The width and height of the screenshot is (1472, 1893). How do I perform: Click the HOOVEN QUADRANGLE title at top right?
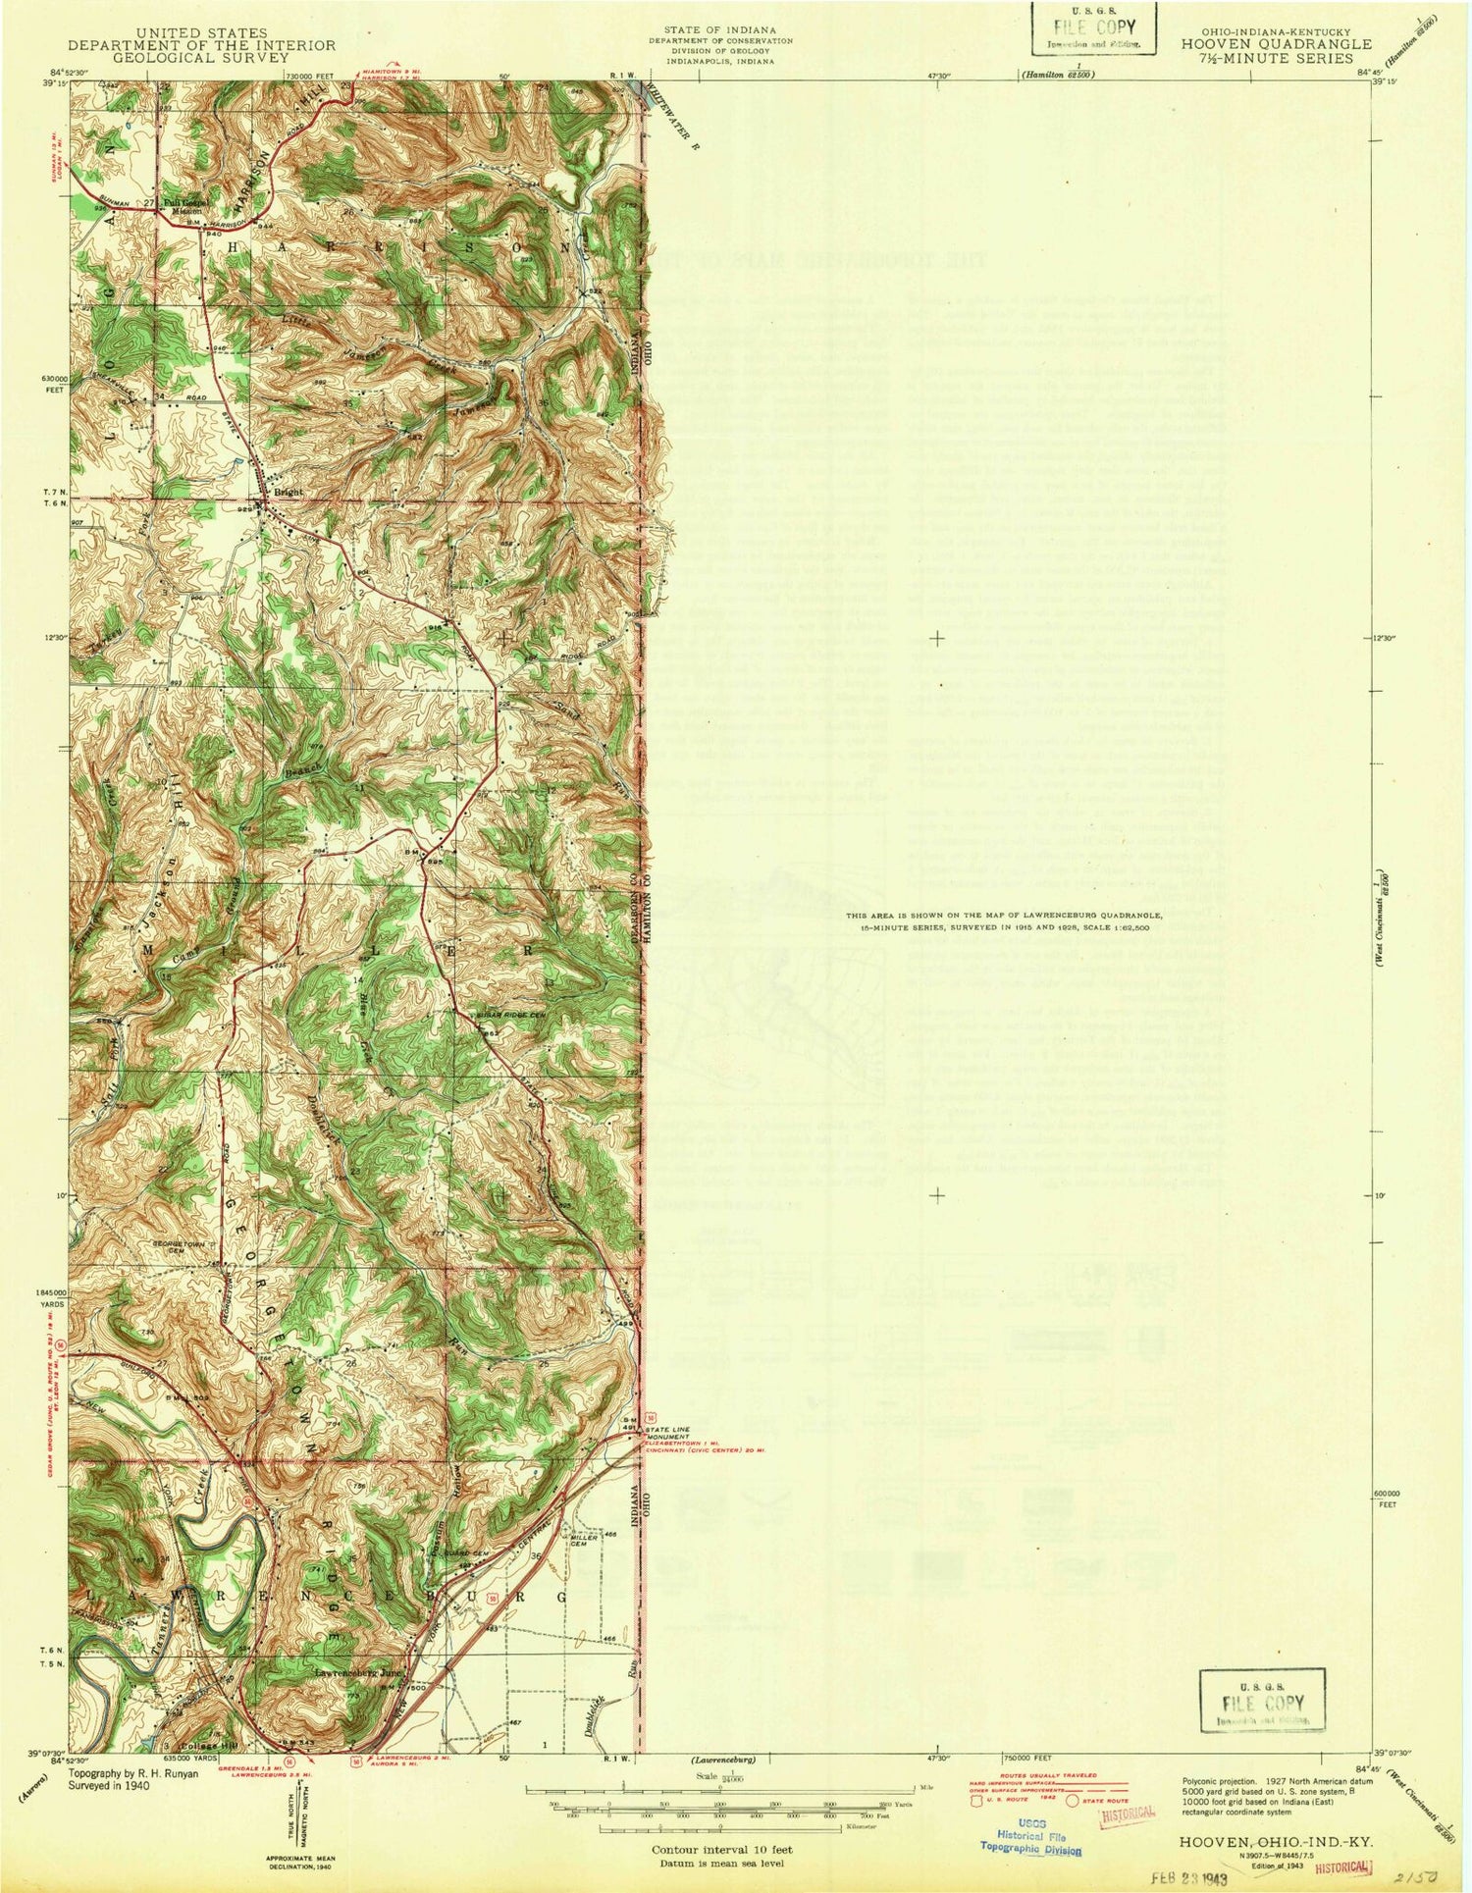click(x=1276, y=44)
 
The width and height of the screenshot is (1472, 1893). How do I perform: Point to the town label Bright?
click(x=289, y=492)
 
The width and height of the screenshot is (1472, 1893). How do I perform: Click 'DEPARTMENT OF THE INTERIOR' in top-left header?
click(x=201, y=45)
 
